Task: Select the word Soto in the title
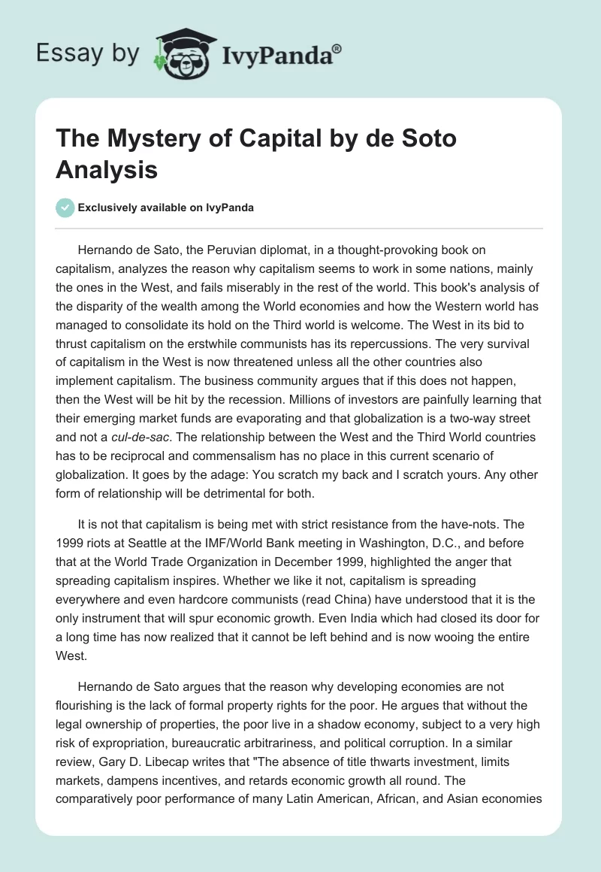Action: pos(420,140)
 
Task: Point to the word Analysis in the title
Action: pos(107,170)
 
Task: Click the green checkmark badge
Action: pos(65,207)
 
